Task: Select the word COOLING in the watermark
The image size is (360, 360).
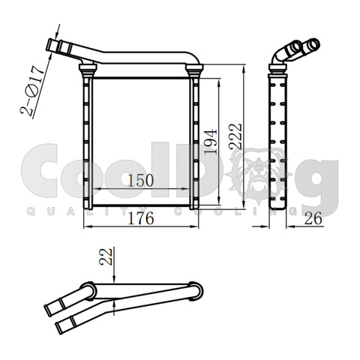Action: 225,212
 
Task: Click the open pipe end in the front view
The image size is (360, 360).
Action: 52,46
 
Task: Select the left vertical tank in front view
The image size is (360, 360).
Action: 88,139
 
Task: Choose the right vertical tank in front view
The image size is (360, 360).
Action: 196,139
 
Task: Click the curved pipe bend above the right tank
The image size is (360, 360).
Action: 193,59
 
